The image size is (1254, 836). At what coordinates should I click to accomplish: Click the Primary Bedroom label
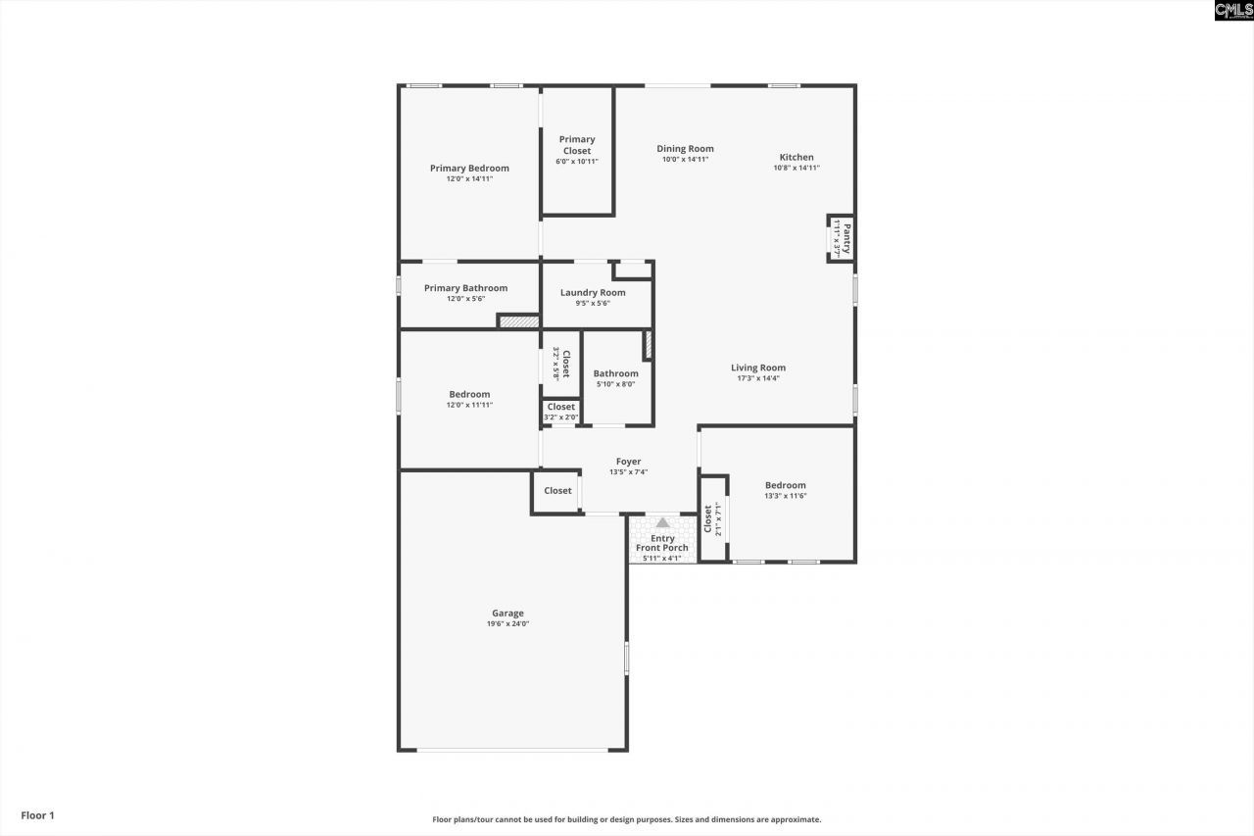(469, 169)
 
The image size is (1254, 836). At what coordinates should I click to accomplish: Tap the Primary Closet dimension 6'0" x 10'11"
(577, 162)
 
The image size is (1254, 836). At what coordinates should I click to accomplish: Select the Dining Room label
(685, 149)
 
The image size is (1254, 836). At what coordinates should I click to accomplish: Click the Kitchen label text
(796, 157)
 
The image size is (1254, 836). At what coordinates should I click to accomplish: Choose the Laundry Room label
(593, 292)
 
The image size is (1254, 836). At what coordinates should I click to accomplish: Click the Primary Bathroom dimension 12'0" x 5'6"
(465, 299)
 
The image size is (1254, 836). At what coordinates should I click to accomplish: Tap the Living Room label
(758, 369)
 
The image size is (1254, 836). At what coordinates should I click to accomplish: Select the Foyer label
(628, 462)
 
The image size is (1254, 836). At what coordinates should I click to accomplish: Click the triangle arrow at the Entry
(663, 522)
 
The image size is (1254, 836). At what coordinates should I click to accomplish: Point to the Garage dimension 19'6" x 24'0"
(507, 624)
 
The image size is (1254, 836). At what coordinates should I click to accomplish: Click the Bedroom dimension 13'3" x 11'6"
(786, 496)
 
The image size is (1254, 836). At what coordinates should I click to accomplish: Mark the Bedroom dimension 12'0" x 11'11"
(469, 405)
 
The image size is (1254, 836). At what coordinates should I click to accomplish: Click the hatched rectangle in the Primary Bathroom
(517, 320)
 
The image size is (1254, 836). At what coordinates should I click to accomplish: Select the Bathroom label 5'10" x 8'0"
(615, 373)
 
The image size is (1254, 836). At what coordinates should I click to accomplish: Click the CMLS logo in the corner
(1232, 11)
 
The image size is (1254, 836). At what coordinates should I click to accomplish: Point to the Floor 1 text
(38, 815)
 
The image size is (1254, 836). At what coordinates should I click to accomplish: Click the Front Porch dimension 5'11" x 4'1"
(662, 559)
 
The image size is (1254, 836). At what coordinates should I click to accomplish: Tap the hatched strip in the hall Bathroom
(648, 345)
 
